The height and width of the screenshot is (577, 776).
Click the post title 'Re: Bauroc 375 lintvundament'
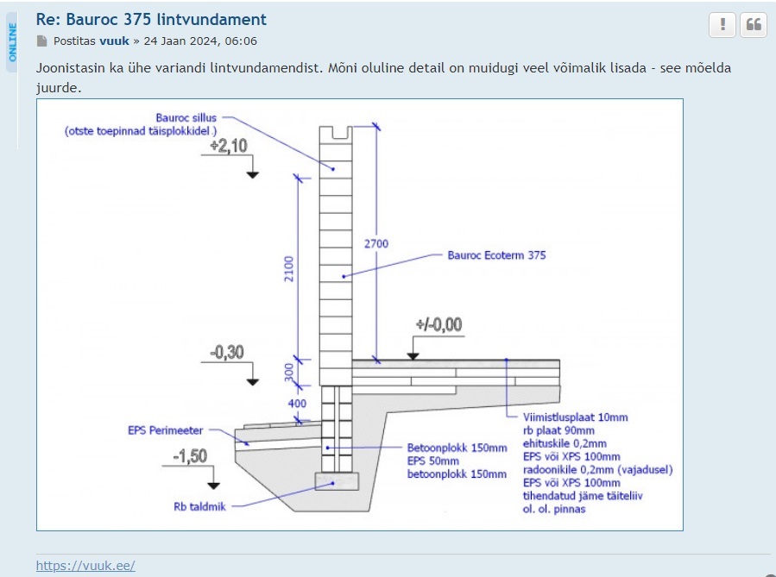pyautogui.click(x=151, y=19)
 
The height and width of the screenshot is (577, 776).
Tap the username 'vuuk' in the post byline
pyautogui.click(x=114, y=41)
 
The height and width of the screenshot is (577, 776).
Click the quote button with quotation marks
pyautogui.click(x=754, y=25)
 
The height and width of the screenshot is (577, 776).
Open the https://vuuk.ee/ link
pyautogui.click(x=85, y=566)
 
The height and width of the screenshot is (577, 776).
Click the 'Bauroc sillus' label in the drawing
pyautogui.click(x=186, y=117)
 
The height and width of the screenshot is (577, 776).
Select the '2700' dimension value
pyautogui.click(x=375, y=244)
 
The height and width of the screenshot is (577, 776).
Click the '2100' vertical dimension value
pyautogui.click(x=289, y=268)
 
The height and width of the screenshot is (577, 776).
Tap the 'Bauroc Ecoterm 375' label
pyautogui.click(x=496, y=255)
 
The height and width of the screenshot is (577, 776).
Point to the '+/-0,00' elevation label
pyautogui.click(x=438, y=325)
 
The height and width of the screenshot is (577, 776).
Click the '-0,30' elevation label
pyautogui.click(x=228, y=352)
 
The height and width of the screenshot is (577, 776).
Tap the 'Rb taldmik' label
pyautogui.click(x=199, y=506)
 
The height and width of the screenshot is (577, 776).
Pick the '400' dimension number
pyautogui.click(x=296, y=404)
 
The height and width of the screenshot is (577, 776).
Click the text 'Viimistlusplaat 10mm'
pyautogui.click(x=576, y=417)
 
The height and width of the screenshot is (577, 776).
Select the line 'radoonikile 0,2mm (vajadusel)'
pyautogui.click(x=598, y=469)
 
